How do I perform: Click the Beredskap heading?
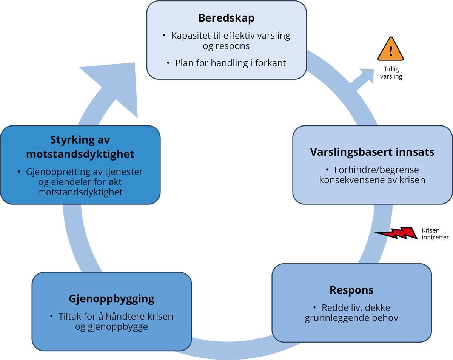point(226,18)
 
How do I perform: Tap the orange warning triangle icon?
point(391,50)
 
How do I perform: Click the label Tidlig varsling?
point(391,73)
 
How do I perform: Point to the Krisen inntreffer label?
point(435,234)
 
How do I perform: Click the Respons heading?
point(351,290)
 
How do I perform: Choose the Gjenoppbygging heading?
point(112,299)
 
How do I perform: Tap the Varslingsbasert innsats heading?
point(372,152)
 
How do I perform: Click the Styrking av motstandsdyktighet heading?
point(80,147)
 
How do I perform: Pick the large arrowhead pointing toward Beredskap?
point(113,87)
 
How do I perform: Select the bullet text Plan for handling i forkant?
point(230,63)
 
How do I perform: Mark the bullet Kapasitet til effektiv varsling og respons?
point(230,41)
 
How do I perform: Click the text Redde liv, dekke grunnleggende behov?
point(351,312)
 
